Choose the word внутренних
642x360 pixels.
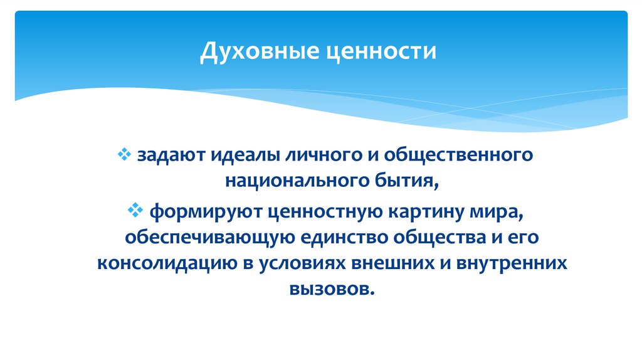513,263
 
